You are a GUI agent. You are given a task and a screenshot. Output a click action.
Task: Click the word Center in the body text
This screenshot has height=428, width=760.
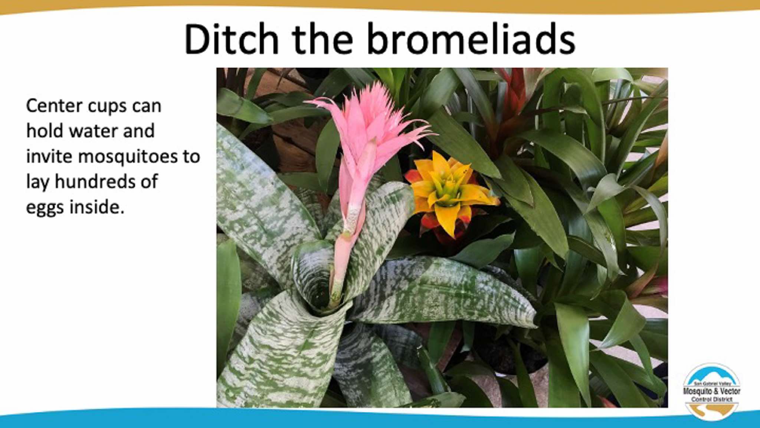point(54,106)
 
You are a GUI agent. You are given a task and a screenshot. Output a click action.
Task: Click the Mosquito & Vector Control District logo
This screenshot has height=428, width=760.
point(711,392)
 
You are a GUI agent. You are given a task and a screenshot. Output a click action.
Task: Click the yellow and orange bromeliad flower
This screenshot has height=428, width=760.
point(451,193)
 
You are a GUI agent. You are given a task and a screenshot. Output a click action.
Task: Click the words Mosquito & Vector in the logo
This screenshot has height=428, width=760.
point(711,391)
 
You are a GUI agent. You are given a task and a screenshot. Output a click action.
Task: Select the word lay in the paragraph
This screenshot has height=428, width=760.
point(37,183)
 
